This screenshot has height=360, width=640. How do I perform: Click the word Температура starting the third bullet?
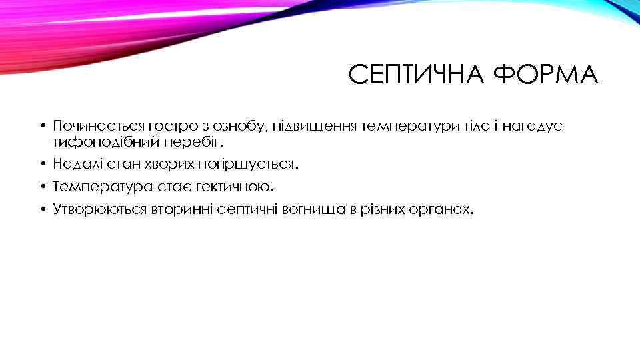coord(95,187)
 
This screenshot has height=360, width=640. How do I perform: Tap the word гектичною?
coord(233,187)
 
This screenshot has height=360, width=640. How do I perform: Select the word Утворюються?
coord(95,210)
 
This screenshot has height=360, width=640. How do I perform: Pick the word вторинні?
coord(172,210)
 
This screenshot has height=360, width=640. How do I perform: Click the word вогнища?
coord(312,210)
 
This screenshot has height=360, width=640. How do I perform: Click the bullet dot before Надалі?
coord(41,165)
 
